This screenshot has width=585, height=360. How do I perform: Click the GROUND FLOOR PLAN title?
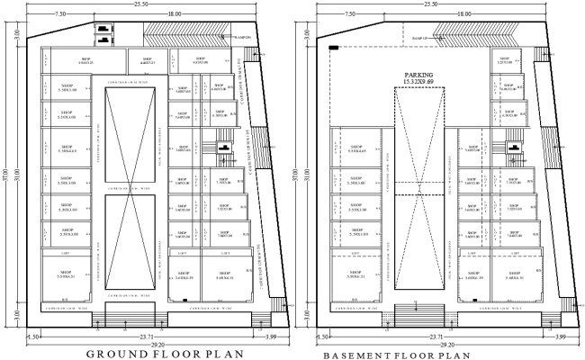[165, 354]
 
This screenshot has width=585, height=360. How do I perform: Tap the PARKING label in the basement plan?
[419, 76]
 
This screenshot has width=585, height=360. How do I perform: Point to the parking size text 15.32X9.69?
[419, 83]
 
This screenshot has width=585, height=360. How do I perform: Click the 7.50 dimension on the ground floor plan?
[61, 14]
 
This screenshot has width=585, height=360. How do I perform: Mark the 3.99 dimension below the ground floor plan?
[272, 336]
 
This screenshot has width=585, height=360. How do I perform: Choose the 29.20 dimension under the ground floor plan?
[148, 344]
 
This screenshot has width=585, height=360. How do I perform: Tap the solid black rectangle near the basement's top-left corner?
[334, 47]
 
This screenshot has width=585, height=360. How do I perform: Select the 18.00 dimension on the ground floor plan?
[173, 14]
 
